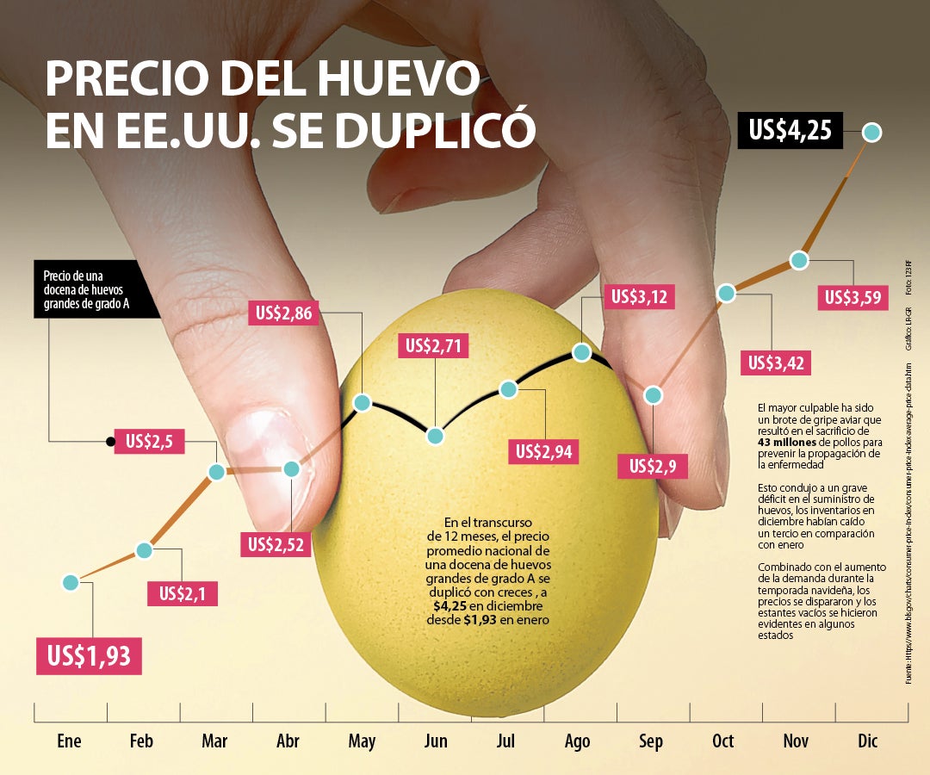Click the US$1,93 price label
pos(89,656)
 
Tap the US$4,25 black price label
pos(790,131)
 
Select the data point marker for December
pos(872,133)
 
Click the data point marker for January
pos(71,583)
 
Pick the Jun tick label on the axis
pos(437,741)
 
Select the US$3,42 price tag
pos(777,363)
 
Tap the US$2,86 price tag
pos(284,313)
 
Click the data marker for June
pos(436,436)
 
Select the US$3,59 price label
pos(852,298)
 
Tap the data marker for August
pos(581,352)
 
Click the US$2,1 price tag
pos(183,593)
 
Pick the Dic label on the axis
pos(867,741)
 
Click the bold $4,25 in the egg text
pos(450,606)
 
